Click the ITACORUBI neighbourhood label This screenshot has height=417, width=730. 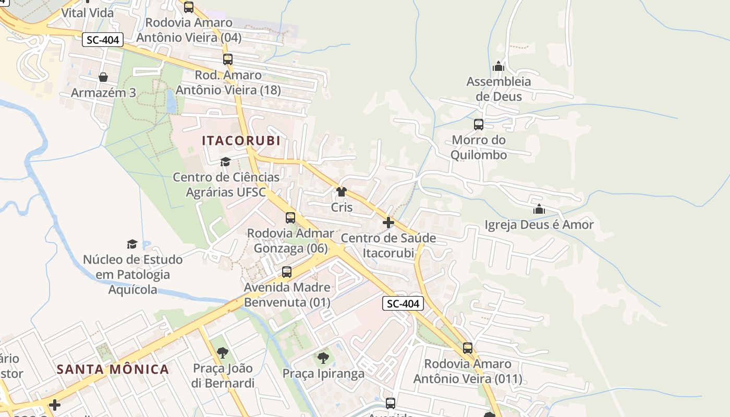pos(241,140)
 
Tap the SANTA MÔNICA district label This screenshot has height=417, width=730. pos(113,370)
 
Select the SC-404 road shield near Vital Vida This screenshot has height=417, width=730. pos(103,40)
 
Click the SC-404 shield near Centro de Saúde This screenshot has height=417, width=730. pos(403,303)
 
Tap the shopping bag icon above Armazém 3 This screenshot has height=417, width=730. pos(103,77)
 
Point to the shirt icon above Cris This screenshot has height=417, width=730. pos(342,192)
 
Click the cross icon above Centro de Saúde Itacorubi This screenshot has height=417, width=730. pos(388,223)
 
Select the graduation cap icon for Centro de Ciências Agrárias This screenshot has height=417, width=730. pos(225,162)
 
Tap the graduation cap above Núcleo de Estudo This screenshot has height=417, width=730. pos(132,244)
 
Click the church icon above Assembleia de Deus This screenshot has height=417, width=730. pos(498,66)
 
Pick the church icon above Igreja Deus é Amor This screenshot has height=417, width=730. pos(539,210)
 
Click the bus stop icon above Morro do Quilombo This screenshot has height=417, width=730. pos(479,125)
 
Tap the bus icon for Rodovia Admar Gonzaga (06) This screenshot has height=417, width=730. pos(290,218)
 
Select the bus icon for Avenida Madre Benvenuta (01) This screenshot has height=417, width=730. pos(287,272)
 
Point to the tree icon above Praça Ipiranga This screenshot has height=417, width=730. pos(323,358)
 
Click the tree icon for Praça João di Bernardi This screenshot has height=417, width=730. pos(223,353)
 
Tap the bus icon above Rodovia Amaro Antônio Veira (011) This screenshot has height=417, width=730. pos(468,348)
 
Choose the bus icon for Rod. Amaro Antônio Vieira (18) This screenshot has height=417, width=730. pos(228,59)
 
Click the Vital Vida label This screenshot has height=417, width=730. pos(88,13)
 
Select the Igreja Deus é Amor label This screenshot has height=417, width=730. pos(539,225)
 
